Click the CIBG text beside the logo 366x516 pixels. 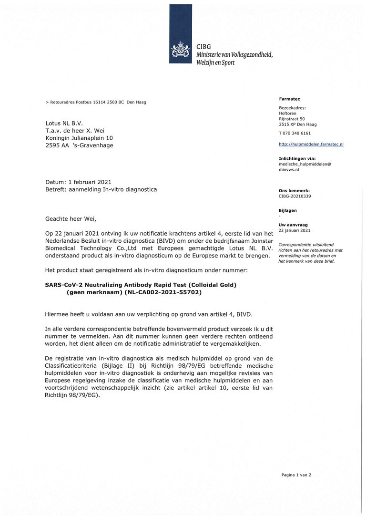coord(203,46)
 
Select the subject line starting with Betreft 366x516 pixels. coord(101,189)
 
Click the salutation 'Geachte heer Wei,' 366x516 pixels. coord(71,219)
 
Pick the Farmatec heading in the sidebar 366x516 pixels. coord(289,98)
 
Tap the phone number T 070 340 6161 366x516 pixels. coord(295,133)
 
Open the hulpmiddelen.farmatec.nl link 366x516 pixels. coord(311,144)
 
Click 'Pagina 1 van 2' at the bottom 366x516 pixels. coord(296,475)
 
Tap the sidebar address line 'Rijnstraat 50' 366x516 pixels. coord(292,119)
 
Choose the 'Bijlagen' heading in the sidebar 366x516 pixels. coord(287,210)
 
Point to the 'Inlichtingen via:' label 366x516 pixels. coord(297,158)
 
